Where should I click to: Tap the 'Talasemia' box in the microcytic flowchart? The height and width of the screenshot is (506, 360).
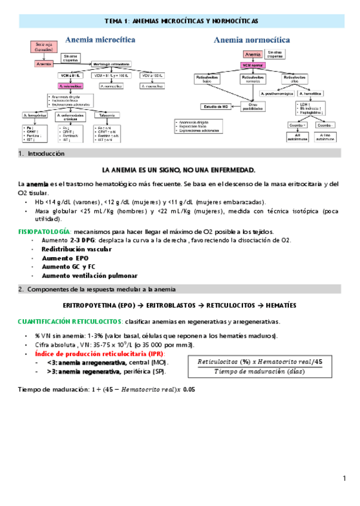click(108, 115)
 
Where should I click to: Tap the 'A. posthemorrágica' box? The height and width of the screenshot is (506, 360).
click(276, 94)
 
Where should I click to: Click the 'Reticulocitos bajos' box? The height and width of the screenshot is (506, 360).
click(205, 78)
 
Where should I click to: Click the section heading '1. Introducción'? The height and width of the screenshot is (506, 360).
click(41, 153)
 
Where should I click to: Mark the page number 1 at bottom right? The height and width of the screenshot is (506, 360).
click(345, 479)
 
